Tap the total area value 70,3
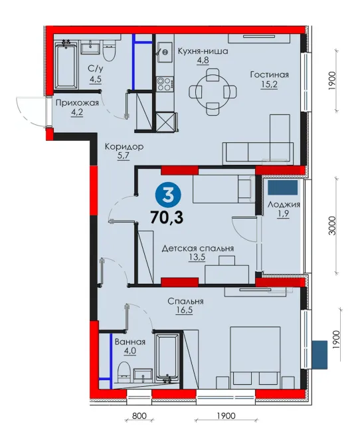point(167,217)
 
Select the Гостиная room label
point(270,74)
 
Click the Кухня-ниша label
point(203,51)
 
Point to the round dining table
point(213,92)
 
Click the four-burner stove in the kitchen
point(165,84)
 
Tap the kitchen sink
point(165,53)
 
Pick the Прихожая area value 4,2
point(77,113)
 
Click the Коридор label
point(124,147)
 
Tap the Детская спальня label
point(197,249)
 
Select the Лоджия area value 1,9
point(284,213)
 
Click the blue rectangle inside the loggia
point(282,187)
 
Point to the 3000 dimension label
point(333,226)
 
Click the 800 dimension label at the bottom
point(139,415)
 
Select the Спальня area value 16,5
point(184,310)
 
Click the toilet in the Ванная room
point(124,372)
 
